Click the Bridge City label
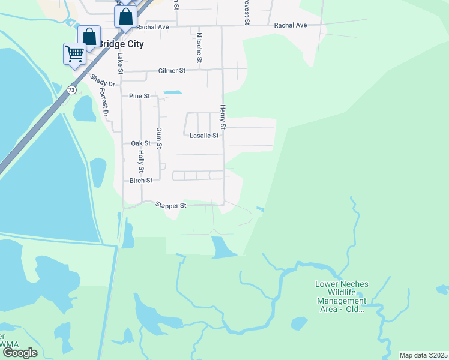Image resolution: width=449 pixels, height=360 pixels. [120, 44]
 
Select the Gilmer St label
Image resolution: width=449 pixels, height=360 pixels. [172, 71]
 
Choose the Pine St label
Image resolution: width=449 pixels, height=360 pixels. [139, 96]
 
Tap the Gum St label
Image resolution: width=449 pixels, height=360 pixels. [159, 138]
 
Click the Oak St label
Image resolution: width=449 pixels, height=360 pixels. [140, 143]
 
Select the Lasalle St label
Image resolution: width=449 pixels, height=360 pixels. [203, 136]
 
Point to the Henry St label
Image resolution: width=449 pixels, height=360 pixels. [222, 118]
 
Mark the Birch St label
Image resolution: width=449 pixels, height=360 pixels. [141, 180]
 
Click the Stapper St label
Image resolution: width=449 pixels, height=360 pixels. [171, 205]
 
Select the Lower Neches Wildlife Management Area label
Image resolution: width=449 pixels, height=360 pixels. [342, 296]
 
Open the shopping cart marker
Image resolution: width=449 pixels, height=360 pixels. [74, 54]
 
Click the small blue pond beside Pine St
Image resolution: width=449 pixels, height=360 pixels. [173, 92]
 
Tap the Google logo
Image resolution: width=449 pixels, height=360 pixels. [20, 353]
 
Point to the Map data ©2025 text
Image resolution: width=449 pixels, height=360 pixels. [423, 355]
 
